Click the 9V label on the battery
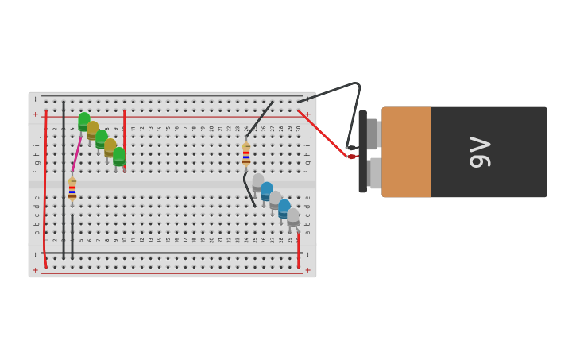pyautogui.click(x=481, y=152)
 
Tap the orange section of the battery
pyautogui.click(x=406, y=152)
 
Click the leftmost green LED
pyautogui.click(x=84, y=122)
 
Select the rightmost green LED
pyautogui.click(x=119, y=157)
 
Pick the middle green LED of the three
pyautogui.click(x=102, y=139)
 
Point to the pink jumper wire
pyautogui.click(x=76, y=155)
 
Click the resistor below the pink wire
pyautogui.click(x=72, y=189)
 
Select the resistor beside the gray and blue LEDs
pyautogui.click(x=246, y=153)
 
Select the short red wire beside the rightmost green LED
pyautogui.click(x=124, y=127)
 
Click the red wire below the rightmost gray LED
pyautogui.click(x=299, y=247)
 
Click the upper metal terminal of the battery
pyautogui.click(x=373, y=134)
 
